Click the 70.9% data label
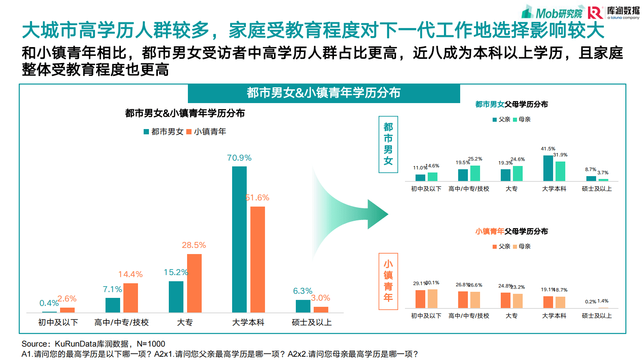point(239,158)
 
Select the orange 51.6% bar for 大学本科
point(257,259)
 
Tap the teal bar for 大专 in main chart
point(176,297)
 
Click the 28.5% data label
point(194,245)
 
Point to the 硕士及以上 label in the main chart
point(312,323)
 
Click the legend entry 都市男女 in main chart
point(164,131)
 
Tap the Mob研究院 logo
point(552,13)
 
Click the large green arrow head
point(377,214)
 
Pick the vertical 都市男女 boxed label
point(388,144)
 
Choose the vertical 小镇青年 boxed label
point(388,281)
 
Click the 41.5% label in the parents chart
point(548,149)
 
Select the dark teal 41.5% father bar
point(548,168)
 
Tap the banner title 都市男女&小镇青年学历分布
point(323,93)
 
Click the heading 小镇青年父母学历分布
point(511,231)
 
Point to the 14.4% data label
point(130,274)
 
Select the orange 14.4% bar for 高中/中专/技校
point(131,298)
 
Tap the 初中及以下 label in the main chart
point(58,323)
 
